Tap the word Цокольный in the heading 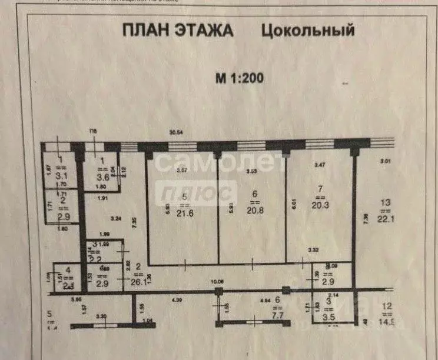pos(307,31)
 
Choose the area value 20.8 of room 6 pos(254,209)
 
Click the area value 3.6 pos(103,175)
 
